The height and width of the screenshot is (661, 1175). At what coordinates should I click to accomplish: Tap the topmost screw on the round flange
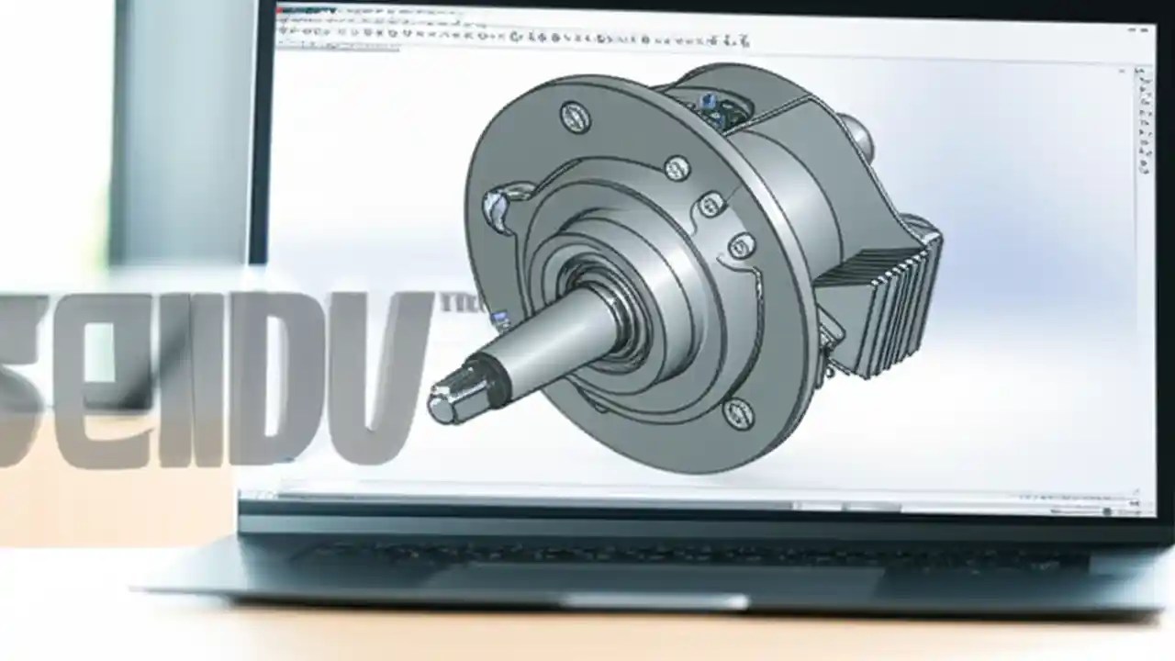pos(576,118)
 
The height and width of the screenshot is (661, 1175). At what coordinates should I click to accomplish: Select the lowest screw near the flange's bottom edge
pos(739,413)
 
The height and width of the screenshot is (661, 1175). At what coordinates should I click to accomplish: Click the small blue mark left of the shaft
pos(501,319)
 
